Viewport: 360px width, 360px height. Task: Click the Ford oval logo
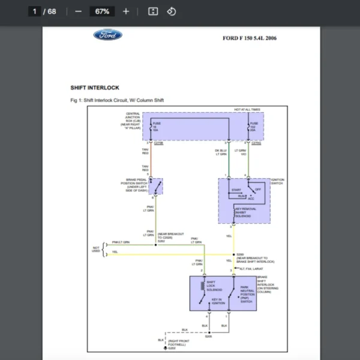click(x=107, y=35)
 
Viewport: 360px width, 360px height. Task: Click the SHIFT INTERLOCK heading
click(x=95, y=88)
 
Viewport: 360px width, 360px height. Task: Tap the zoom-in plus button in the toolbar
click(x=125, y=11)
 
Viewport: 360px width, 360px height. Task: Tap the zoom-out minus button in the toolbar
click(x=79, y=11)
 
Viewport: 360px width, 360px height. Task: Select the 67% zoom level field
click(x=102, y=11)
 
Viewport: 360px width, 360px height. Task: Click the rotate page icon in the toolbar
click(x=172, y=11)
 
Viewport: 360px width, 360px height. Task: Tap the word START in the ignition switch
click(x=236, y=190)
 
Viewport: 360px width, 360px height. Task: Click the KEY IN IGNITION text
click(x=218, y=301)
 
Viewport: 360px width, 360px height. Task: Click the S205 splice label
click(x=208, y=337)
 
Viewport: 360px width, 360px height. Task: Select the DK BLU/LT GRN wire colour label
click(x=221, y=152)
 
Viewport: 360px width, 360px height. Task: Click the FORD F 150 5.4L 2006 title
click(x=250, y=38)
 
